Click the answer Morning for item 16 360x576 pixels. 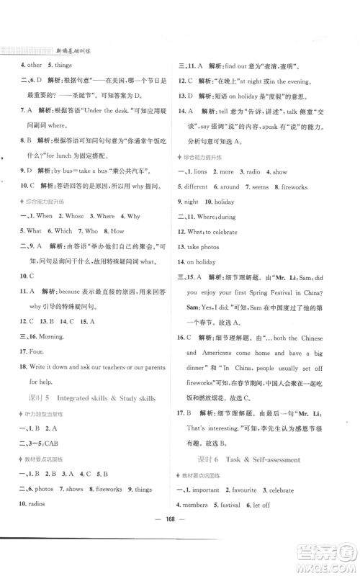tap(49, 336)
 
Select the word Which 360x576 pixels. tap(64, 230)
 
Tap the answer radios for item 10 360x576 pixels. tap(38, 503)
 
